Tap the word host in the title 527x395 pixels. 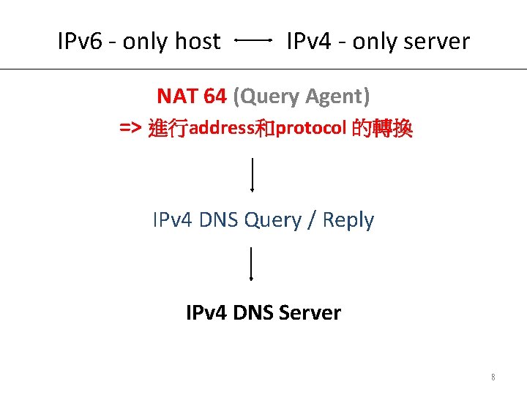point(198,42)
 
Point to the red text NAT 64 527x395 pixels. point(192,96)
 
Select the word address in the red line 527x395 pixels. point(221,129)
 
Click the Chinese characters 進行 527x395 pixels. point(168,129)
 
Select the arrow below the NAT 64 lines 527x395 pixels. point(253,174)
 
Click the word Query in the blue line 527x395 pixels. point(273,220)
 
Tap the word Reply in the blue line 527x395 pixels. point(348,220)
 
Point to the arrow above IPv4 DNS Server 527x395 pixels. point(252,264)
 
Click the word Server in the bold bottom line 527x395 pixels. point(311,313)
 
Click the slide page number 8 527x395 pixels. point(493,377)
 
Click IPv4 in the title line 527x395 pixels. point(307,42)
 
